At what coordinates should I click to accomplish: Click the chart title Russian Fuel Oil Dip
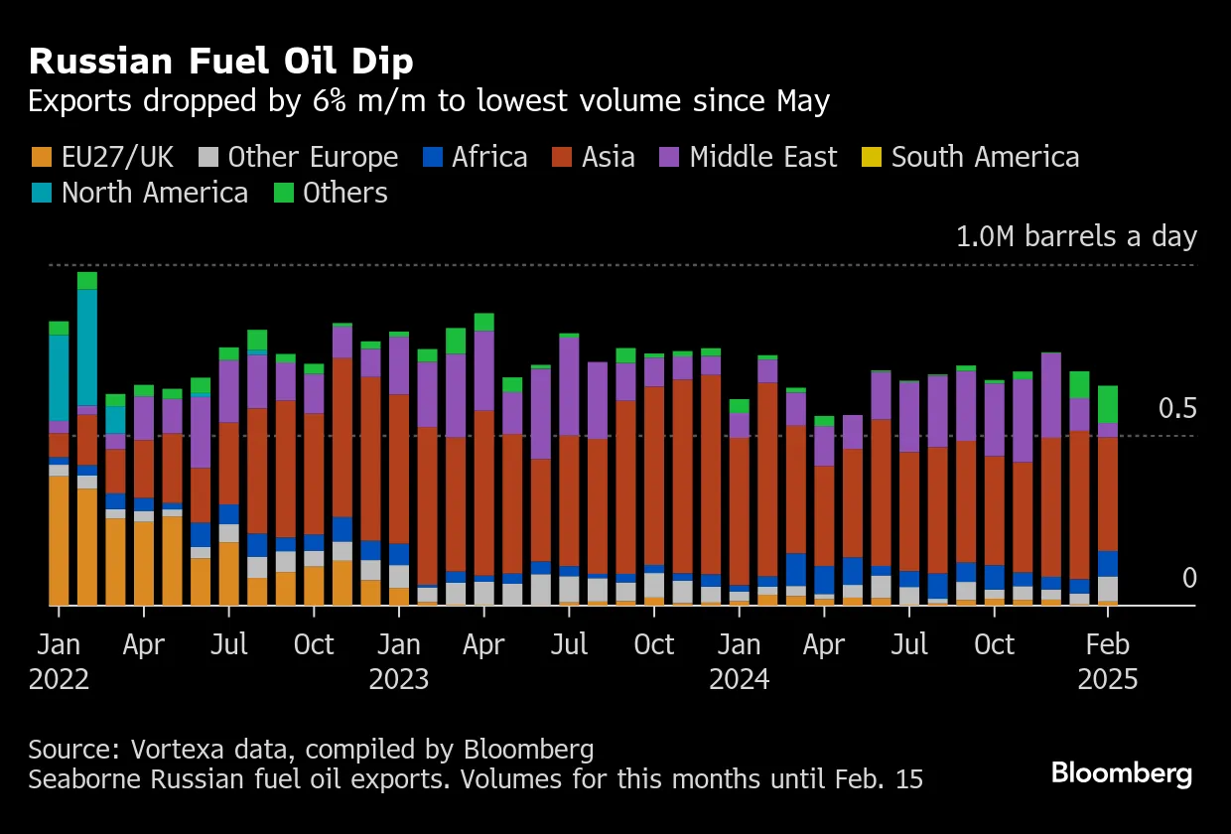tap(220, 62)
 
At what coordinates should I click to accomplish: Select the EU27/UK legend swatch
tap(42, 157)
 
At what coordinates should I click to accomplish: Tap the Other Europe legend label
tap(313, 157)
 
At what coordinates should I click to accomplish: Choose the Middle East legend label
tap(762, 157)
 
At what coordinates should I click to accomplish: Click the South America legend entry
tap(985, 157)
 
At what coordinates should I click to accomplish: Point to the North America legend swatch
tap(42, 193)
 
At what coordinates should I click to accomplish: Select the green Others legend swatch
tap(283, 193)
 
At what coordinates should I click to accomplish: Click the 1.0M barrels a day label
tap(1076, 237)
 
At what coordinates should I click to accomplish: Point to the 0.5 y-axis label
tap(1177, 409)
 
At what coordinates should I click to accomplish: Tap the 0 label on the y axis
tap(1189, 579)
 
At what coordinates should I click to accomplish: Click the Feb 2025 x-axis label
tap(1108, 661)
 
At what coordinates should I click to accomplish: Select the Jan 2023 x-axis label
tap(398, 661)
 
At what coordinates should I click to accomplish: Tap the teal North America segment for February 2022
tap(87, 347)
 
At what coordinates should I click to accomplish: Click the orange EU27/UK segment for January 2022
tap(59, 540)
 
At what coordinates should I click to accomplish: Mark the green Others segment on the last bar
tap(1108, 404)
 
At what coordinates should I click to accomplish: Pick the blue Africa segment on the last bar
tap(1108, 563)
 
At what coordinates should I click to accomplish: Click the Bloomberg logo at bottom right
tap(1122, 773)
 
